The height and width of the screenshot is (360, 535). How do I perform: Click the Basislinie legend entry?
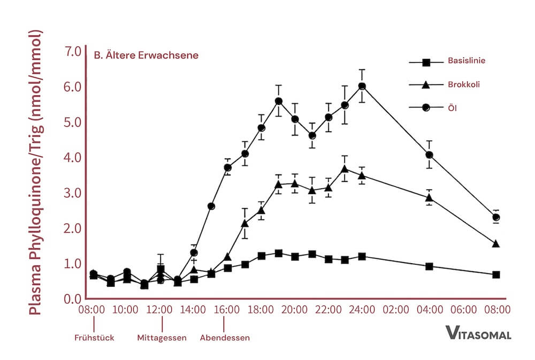tap(466, 61)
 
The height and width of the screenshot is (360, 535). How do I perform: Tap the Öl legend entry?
tap(452, 108)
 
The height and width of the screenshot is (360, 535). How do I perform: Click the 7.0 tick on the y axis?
tap(72, 52)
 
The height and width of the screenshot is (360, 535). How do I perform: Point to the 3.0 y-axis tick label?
tap(72, 193)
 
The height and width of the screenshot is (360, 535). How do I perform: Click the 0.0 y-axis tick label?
tap(72, 299)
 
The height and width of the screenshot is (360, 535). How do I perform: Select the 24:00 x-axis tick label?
tap(362, 310)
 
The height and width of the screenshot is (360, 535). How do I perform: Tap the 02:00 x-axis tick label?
tap(396, 310)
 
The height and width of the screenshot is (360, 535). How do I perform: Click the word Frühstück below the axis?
tap(94, 338)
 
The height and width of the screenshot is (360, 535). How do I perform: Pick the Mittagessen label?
tap(162, 338)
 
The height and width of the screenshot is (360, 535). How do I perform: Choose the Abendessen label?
tap(225, 338)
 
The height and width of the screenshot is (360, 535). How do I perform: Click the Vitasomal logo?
tap(478, 334)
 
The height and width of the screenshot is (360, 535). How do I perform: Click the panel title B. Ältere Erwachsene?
tap(146, 55)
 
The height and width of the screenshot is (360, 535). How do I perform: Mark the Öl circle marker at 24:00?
tap(362, 86)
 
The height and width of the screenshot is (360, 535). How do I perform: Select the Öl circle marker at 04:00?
tap(429, 155)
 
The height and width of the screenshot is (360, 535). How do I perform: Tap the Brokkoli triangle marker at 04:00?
tap(429, 197)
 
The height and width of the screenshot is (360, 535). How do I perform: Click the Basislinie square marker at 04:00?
tap(429, 266)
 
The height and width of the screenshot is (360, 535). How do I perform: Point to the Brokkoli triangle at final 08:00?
tap(496, 244)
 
